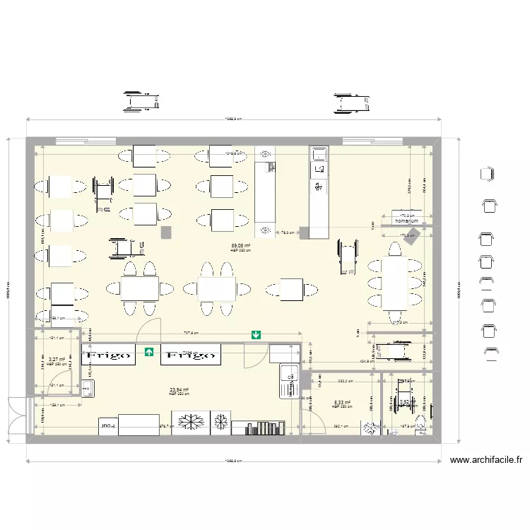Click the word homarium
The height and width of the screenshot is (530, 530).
tap(407, 221)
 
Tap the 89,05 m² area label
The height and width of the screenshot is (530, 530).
tap(241, 247)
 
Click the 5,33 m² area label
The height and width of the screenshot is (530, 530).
tap(342, 404)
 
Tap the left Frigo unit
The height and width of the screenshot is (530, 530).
tap(109, 355)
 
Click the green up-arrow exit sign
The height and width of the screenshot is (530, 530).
tap(149, 351)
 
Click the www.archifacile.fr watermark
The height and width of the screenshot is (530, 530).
tap(485, 460)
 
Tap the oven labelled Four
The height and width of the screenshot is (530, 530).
tap(107, 427)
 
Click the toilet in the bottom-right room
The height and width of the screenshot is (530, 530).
tap(420, 425)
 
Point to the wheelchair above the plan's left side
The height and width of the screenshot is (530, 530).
tap(141, 101)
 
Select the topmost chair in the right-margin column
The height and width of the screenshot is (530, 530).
tap(486, 173)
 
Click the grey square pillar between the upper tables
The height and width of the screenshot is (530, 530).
tap(167, 232)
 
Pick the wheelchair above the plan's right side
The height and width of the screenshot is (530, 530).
tap(351, 103)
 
